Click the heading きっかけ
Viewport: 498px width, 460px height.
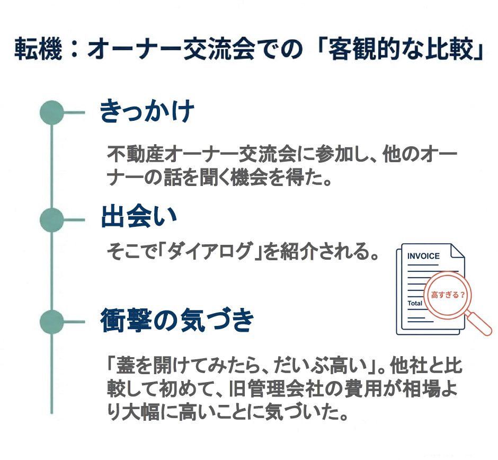point(147,111)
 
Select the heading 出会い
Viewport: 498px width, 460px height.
point(139,217)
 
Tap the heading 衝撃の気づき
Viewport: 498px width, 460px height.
point(177,320)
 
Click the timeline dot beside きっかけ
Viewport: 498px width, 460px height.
point(52,112)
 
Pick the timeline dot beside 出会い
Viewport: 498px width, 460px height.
point(52,220)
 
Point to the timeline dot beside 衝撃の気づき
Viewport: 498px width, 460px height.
point(52,322)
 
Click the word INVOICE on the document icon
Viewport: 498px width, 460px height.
point(423,256)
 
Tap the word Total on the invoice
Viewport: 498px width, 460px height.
point(415,303)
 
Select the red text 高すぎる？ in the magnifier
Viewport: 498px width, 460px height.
point(448,295)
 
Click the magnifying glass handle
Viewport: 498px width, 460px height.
point(478,323)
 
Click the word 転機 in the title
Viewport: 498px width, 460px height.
point(38,49)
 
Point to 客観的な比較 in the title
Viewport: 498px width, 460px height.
point(400,49)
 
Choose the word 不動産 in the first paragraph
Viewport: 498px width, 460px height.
point(136,154)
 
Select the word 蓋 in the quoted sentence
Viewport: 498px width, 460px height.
point(126,365)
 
